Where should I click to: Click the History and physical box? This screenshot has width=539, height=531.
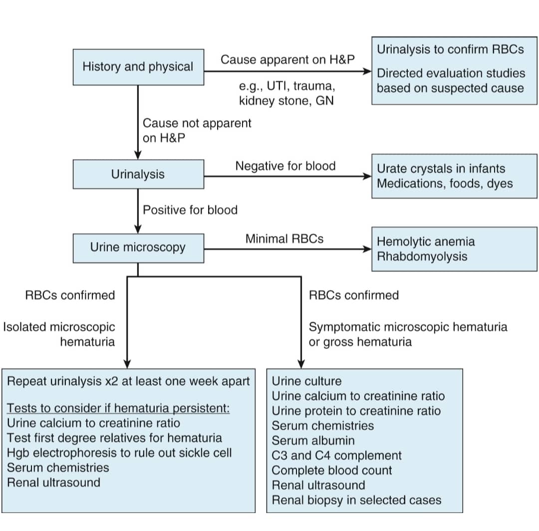coord(138,67)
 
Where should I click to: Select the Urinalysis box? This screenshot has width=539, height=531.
coord(138,174)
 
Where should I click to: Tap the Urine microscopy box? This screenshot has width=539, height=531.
coord(138,248)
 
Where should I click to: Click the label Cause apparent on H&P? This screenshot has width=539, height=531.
coord(287,59)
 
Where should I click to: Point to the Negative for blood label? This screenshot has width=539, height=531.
coord(285,166)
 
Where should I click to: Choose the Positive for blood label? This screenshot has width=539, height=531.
coord(190,210)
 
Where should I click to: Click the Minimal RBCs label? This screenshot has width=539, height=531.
coord(284,239)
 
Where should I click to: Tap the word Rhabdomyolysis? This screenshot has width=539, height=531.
coord(422,257)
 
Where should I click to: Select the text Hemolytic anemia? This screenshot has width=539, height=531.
coord(426,242)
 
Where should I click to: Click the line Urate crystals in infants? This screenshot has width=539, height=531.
coord(441,169)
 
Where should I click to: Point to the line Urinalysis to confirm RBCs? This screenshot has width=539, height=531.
coord(450,49)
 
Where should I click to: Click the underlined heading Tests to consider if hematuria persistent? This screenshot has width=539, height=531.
coord(118,408)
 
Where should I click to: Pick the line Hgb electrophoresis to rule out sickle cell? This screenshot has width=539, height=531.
coord(119,453)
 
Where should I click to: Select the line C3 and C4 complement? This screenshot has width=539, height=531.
coord(336,455)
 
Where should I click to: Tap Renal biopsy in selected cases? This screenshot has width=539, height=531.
coord(356,500)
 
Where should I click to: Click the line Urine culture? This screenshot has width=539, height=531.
coord(306,381)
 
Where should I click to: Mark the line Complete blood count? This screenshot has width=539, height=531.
coord(332,470)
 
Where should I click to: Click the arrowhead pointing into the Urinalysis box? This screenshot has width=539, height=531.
coord(138,155)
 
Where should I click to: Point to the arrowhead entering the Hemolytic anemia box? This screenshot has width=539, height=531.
coord(367,249)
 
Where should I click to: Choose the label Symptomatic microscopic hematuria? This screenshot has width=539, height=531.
coord(408,327)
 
